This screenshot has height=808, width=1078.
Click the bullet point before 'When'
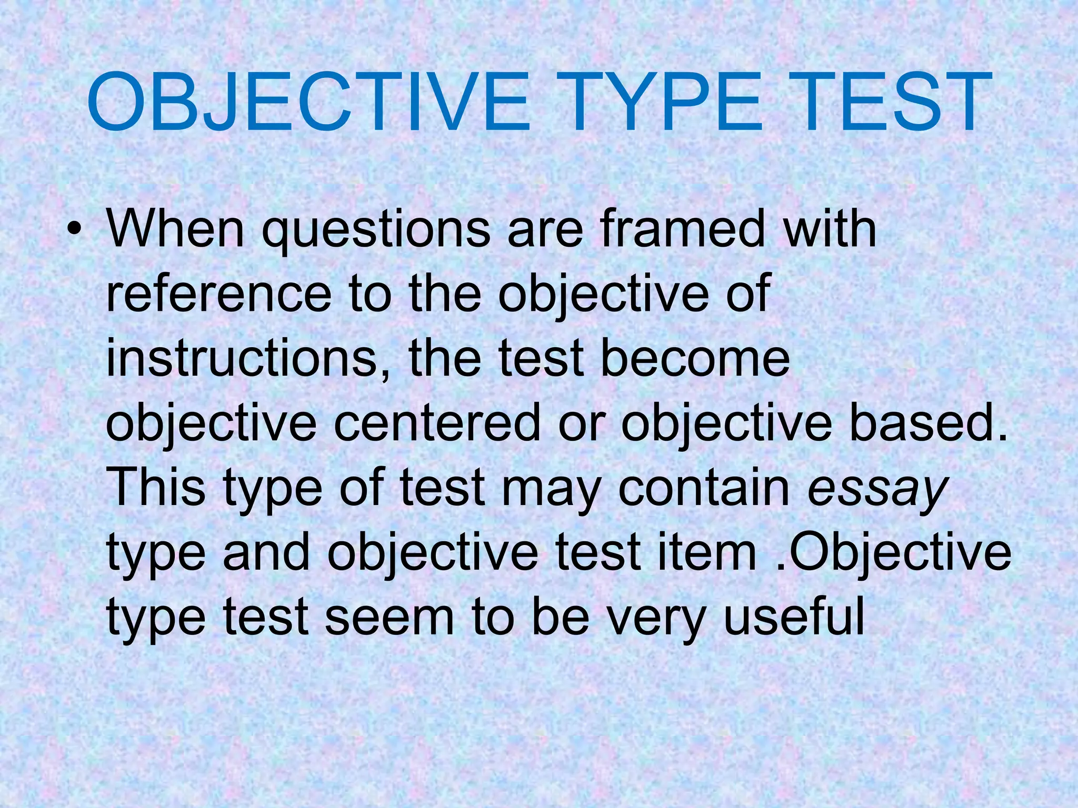[77, 230]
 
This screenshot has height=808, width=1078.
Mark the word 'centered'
[437, 423]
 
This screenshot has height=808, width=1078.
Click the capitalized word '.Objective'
[893, 553]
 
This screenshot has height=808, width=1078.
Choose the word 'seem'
[389, 618]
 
